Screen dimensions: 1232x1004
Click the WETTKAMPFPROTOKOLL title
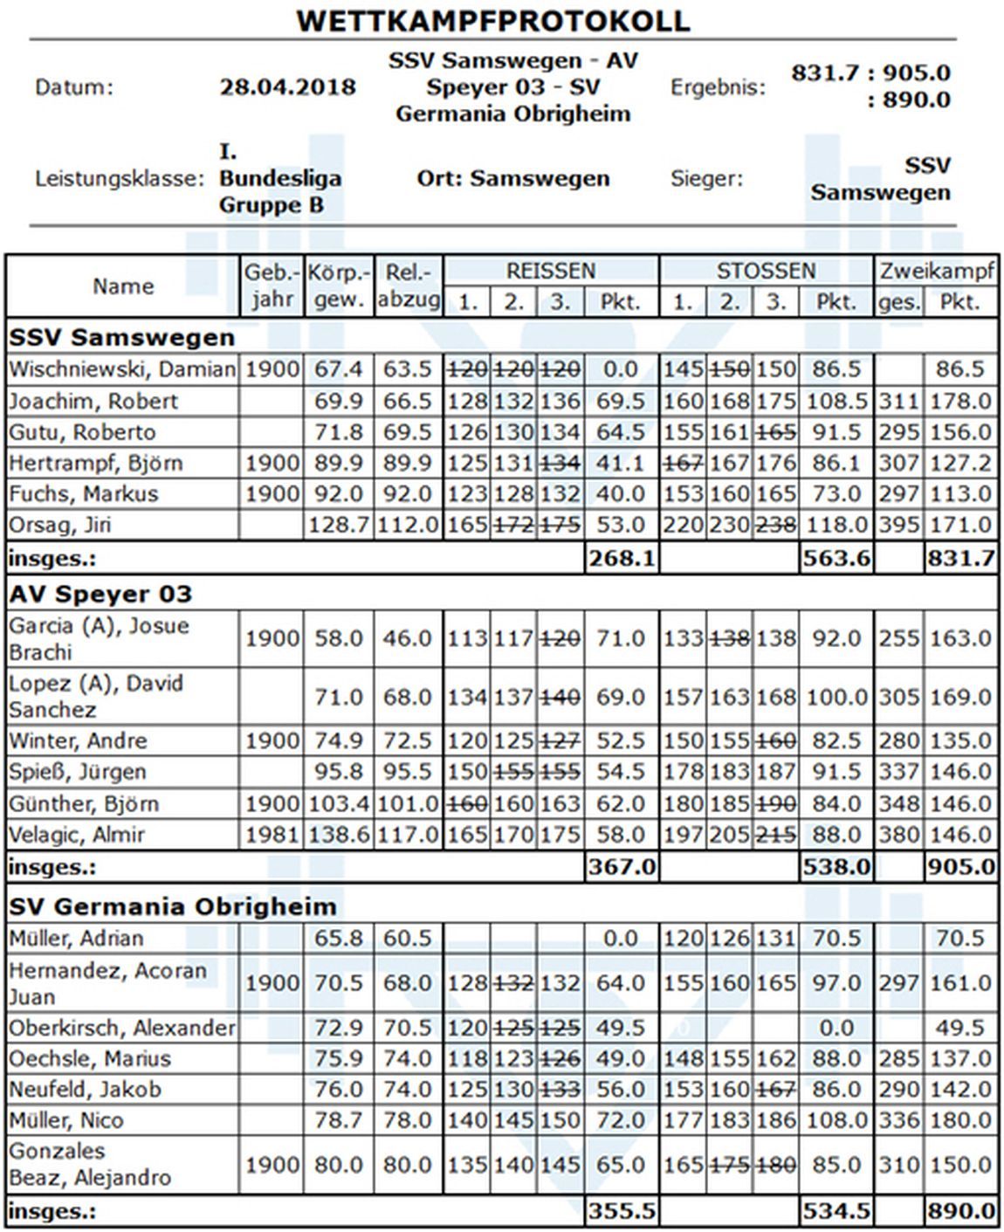pyautogui.click(x=493, y=20)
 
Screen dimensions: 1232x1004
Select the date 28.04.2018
pyautogui.click(x=287, y=87)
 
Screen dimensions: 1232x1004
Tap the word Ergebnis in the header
pyautogui.click(x=718, y=87)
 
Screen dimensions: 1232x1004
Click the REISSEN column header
pyautogui.click(x=550, y=271)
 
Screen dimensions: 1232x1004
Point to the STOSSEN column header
pyautogui.click(x=766, y=271)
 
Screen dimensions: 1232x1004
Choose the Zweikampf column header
pyautogui.click(x=936, y=271)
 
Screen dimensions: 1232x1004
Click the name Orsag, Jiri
pyautogui.click(x=60, y=525)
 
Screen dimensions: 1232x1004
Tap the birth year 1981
pyautogui.click(x=272, y=835)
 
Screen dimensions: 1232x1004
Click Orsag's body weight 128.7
pyautogui.click(x=339, y=525)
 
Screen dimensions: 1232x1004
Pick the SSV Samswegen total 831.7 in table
pyautogui.click(x=960, y=558)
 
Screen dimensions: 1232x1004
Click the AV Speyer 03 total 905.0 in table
pyautogui.click(x=960, y=866)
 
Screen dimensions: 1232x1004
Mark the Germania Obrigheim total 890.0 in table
pyautogui.click(x=960, y=1211)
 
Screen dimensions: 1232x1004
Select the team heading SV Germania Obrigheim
pyautogui.click(x=172, y=906)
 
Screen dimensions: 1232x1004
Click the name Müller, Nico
pyautogui.click(x=66, y=1120)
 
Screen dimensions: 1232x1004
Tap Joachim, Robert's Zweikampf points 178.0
pyautogui.click(x=960, y=402)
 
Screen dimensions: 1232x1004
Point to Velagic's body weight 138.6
pyautogui.click(x=339, y=835)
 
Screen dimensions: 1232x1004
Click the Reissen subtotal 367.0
pyautogui.click(x=620, y=866)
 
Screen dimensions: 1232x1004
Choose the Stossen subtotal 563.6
pyautogui.click(x=836, y=558)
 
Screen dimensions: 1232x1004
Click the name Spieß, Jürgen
pyautogui.click(x=77, y=772)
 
